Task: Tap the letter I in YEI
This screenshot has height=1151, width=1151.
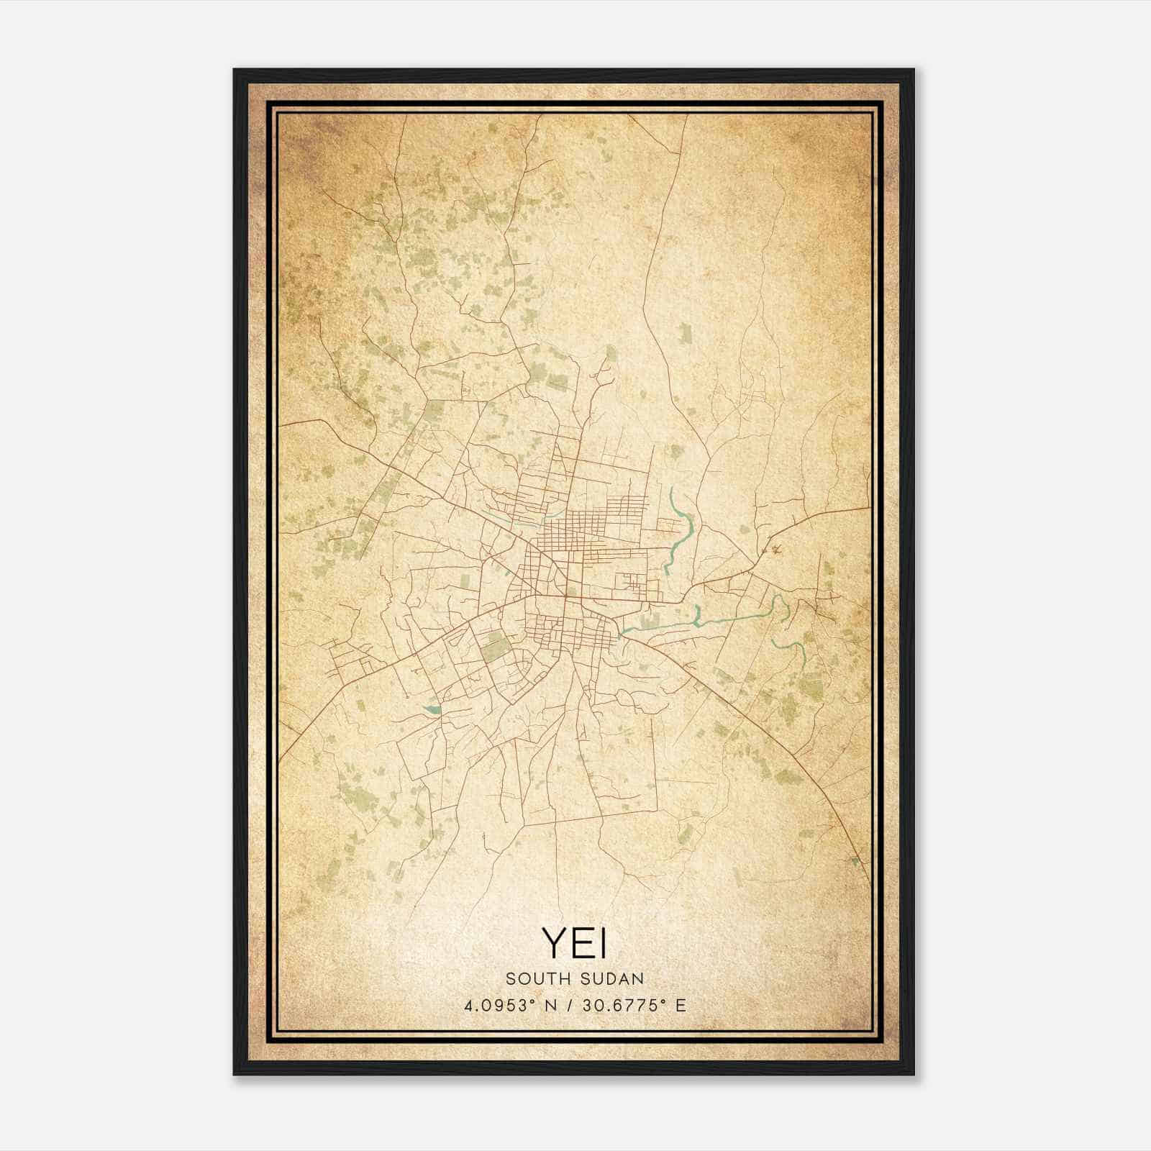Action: pyautogui.click(x=601, y=943)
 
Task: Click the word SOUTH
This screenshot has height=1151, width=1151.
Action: pyautogui.click(x=533, y=978)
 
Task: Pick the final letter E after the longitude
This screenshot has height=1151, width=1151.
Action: pyautogui.click(x=681, y=1006)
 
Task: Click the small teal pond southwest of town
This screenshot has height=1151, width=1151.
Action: pyautogui.click(x=432, y=710)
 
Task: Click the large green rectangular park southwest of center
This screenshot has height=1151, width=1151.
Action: pyautogui.click(x=494, y=647)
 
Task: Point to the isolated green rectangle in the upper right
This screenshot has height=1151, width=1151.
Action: pyautogui.click(x=685, y=333)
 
